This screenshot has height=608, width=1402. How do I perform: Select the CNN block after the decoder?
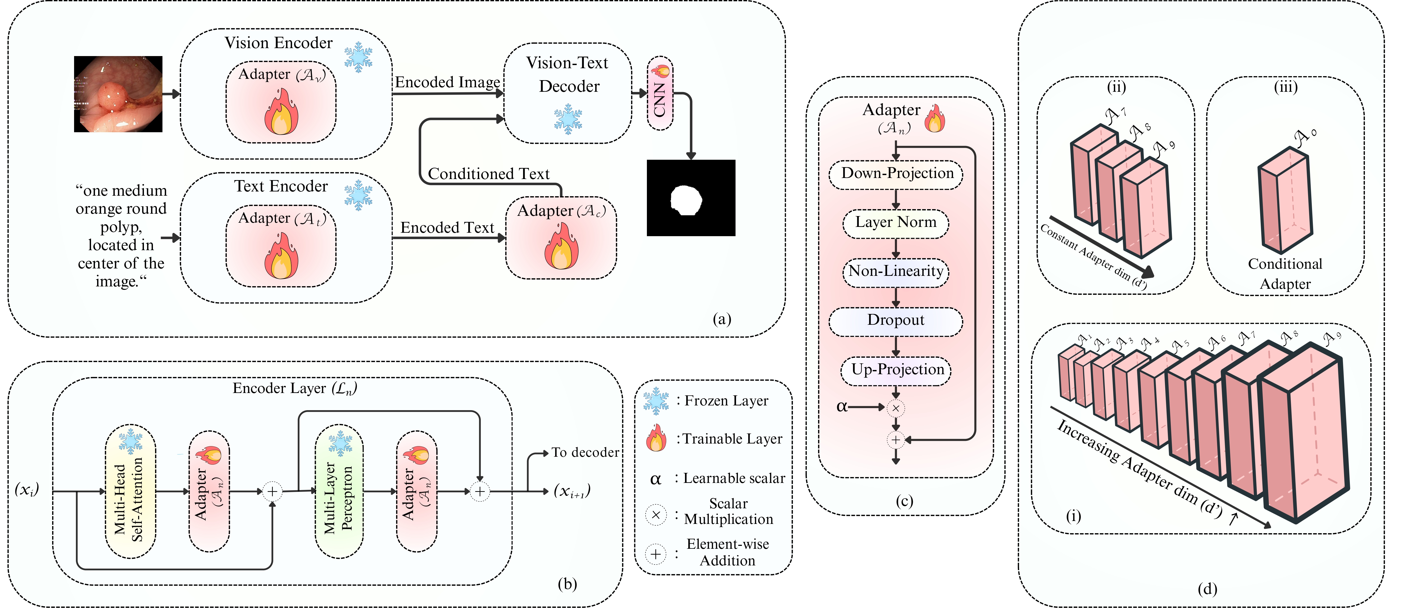(x=660, y=94)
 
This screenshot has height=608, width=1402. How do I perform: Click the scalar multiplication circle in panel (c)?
(x=895, y=408)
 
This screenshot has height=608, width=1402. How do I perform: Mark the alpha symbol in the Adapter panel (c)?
(x=841, y=407)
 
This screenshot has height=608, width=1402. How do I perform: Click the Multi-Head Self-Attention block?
(x=130, y=492)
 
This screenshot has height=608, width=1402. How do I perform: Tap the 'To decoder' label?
(x=585, y=452)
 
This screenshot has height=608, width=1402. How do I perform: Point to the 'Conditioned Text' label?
(x=488, y=174)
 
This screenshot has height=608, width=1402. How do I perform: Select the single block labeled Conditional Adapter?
(x=1286, y=201)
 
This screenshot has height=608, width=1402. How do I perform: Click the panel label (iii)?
(x=1286, y=87)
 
